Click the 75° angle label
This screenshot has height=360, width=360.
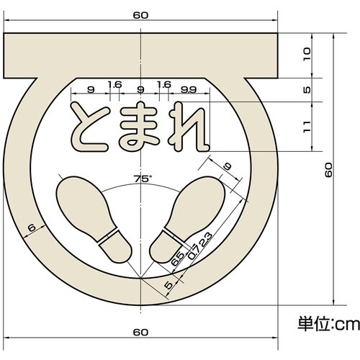point(140,178)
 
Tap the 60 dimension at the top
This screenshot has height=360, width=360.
point(140,14)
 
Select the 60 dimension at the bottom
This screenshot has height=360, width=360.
point(140,332)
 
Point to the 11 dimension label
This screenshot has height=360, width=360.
point(307,127)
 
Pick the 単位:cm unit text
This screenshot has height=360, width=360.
point(328,324)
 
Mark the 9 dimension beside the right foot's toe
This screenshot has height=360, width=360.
point(228,168)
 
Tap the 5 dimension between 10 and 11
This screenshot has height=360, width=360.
point(307,90)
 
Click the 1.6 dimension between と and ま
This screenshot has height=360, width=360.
point(114,85)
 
